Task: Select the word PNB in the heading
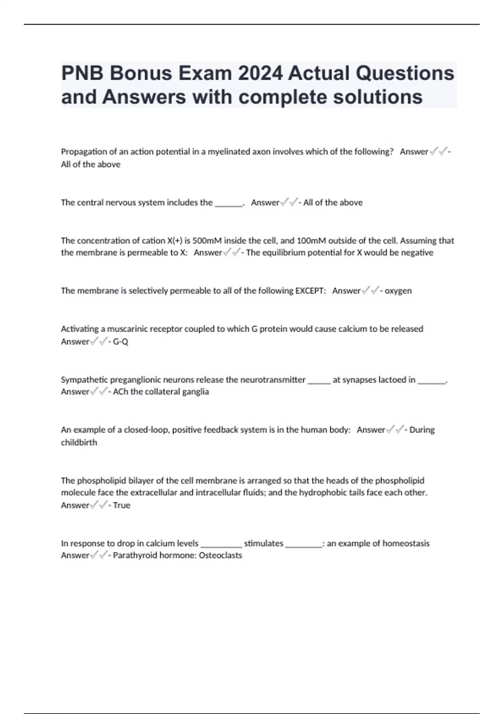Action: pyautogui.click(x=82, y=73)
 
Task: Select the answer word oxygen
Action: pyautogui.click(x=398, y=291)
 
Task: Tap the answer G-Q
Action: pyautogui.click(x=121, y=341)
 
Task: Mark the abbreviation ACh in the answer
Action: pyautogui.click(x=121, y=392)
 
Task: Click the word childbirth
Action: pyautogui.click(x=79, y=442)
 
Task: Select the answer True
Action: pyautogui.click(x=122, y=505)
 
